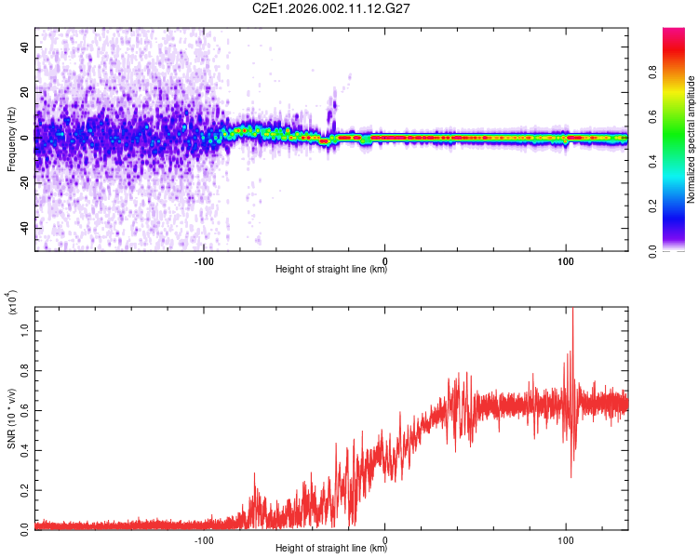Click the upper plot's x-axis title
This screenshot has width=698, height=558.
tap(331, 270)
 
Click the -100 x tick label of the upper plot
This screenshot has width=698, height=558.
tap(205, 259)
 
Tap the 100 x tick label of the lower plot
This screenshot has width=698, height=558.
tap(566, 539)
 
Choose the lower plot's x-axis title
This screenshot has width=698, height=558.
tap(331, 549)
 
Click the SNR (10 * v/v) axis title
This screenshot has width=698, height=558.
tap(11, 418)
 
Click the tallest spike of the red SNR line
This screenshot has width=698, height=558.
tap(572, 311)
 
